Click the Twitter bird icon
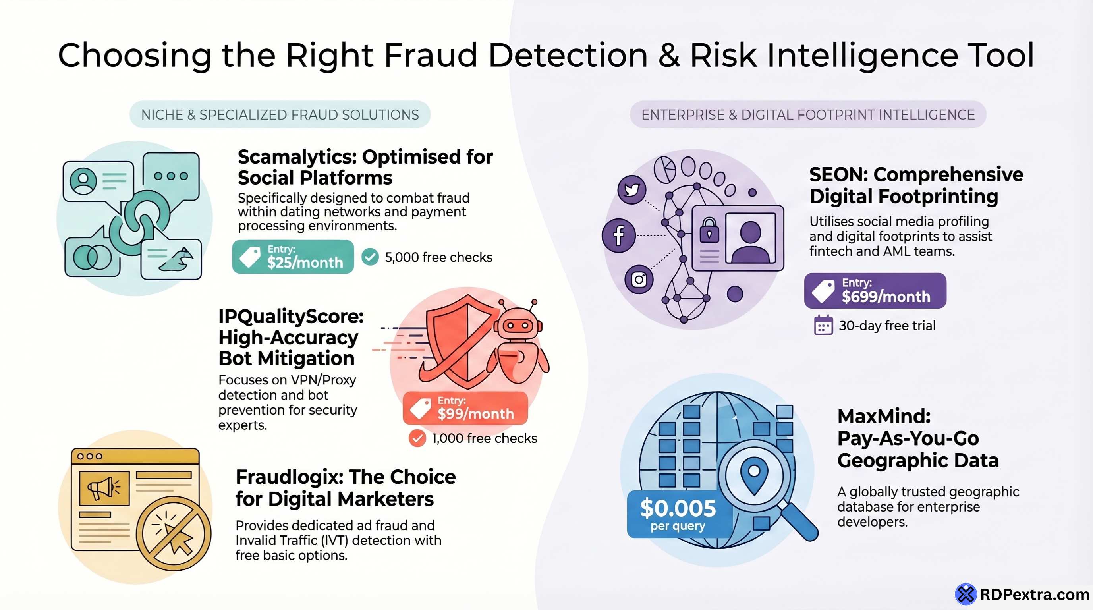pos(632,189)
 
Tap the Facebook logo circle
pos(619,235)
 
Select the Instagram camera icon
pos(639,280)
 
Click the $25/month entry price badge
pos(293,257)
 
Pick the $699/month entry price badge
pos(875,291)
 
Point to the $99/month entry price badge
pos(465,408)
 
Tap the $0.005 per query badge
pos(678,514)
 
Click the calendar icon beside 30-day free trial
pos(823,326)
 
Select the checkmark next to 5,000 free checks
pos(370,257)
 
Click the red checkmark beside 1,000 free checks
pos(417,438)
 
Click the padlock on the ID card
pos(709,231)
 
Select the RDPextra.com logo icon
pos(966,594)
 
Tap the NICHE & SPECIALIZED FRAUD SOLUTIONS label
pos(280,114)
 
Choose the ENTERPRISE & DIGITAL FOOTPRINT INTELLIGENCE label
pos(808,114)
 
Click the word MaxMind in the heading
pos(883,417)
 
